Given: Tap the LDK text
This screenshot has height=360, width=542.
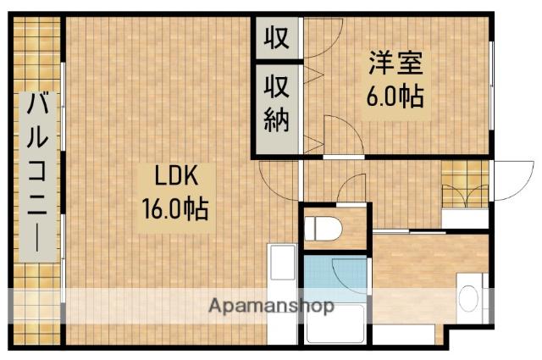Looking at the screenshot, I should point(175,176).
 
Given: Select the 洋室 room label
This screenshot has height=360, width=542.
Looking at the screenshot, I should point(395,64).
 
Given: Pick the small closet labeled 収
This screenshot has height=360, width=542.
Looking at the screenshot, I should point(277,38).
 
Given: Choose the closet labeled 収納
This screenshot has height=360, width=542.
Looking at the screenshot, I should point(277,103).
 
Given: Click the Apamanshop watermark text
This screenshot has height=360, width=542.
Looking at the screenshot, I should point(271,306).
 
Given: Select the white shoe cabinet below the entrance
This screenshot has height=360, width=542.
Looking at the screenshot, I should point(465,217).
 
